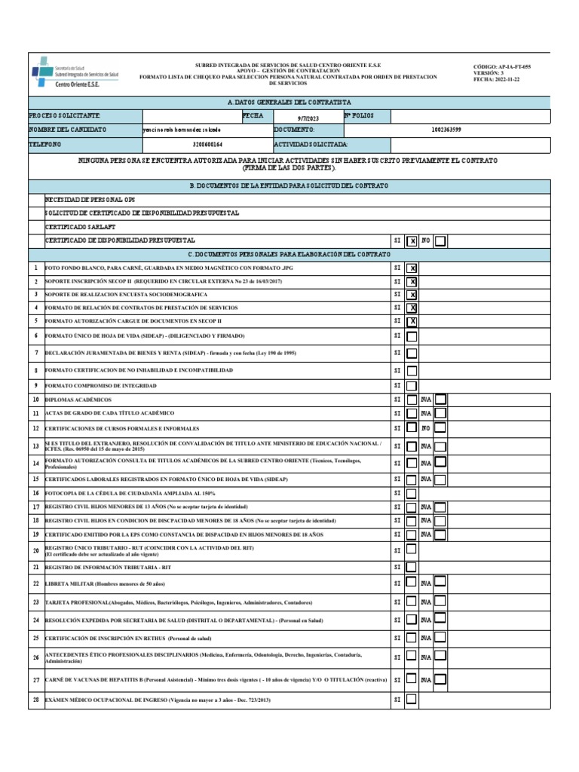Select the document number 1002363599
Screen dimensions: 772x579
pos(446,130)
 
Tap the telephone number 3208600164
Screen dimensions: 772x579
pos(207,143)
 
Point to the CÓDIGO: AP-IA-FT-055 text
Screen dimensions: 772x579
pos(502,66)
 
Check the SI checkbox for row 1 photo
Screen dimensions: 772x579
pos(412,268)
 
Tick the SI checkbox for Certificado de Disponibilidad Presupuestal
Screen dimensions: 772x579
pos(412,241)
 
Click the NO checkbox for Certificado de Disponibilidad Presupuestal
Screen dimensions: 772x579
pos(440,241)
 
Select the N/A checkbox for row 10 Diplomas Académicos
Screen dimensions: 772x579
pos(440,399)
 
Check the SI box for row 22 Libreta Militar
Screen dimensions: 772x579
pos(412,582)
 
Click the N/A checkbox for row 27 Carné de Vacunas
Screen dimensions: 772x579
pos(440,679)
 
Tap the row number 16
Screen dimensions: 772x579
pos(35,493)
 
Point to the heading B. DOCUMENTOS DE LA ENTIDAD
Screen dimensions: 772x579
pos(289,185)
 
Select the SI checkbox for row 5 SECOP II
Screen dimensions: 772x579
pos(412,322)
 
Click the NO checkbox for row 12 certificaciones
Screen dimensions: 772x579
pos(440,428)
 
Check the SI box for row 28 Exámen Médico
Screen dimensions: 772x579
pos(412,699)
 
